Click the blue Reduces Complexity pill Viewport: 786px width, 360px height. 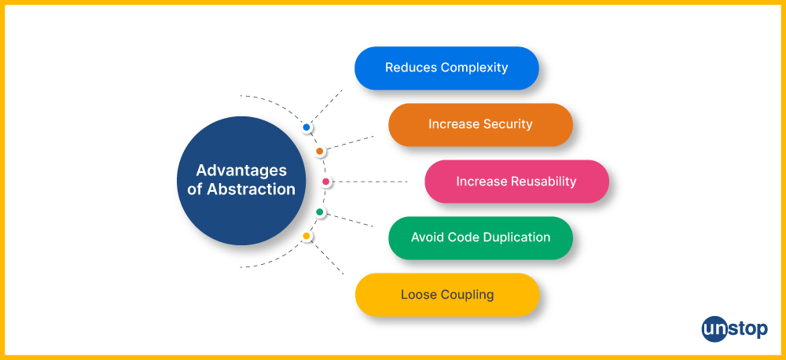(x=446, y=68)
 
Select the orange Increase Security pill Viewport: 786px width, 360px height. (x=481, y=125)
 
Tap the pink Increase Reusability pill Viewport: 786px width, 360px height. (x=517, y=182)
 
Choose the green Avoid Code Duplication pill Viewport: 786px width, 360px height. (x=481, y=238)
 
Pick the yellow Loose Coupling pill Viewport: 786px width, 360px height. (x=447, y=295)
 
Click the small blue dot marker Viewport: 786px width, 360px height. (x=307, y=127)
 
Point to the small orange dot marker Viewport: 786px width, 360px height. (x=320, y=152)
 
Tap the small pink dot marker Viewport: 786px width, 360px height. (x=326, y=182)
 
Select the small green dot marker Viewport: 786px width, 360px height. (x=320, y=212)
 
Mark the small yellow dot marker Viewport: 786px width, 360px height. (x=307, y=236)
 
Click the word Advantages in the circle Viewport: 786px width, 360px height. (x=241, y=171)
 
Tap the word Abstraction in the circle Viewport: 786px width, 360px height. (x=252, y=189)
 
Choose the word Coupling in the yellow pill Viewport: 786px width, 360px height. (x=468, y=295)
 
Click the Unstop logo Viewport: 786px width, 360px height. (x=734, y=329)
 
